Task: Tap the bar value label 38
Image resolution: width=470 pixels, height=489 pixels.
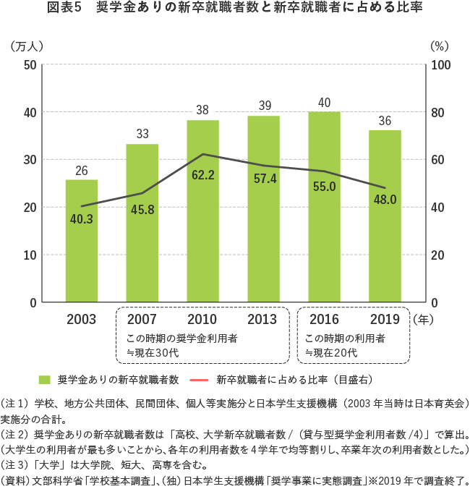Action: [202, 111]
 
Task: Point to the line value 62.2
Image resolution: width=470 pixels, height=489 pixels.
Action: [203, 174]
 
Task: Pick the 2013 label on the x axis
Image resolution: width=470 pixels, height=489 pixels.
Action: [264, 319]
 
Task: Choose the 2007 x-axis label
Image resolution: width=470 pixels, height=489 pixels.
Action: [142, 319]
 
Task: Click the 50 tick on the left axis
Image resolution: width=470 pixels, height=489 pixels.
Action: [30, 65]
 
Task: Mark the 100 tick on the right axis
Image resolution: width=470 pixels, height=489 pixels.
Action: [441, 65]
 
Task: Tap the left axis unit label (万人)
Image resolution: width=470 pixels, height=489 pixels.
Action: [27, 45]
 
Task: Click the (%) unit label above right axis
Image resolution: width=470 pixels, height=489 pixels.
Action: [440, 45]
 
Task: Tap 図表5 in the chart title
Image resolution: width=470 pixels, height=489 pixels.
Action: [64, 8]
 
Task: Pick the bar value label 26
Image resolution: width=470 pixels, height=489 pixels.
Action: [82, 171]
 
